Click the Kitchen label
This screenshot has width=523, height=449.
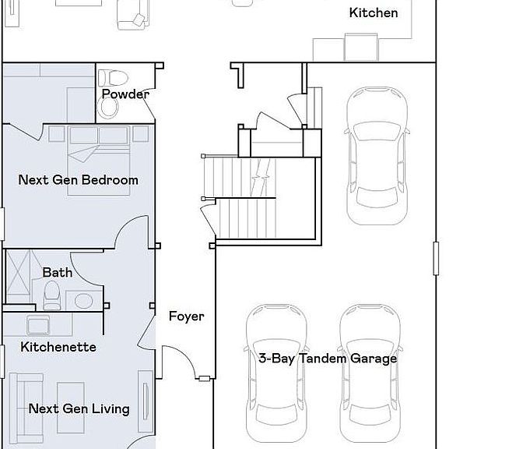coord(374,12)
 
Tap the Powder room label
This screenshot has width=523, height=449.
coord(125,94)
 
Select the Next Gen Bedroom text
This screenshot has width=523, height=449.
coord(78,180)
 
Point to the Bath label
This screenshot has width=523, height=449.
coord(58,272)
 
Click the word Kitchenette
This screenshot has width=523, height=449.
coord(58,347)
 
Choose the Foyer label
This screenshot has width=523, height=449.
coord(186,316)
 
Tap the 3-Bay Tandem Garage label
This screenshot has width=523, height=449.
coord(328,359)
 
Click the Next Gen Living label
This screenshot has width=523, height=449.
coord(79,409)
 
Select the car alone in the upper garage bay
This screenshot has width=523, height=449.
coord(377,156)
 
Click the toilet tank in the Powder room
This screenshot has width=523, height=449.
coord(114,77)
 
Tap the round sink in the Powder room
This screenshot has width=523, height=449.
coord(108,106)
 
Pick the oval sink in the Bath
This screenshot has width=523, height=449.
coord(84,301)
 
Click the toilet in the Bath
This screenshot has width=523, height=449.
coord(52,295)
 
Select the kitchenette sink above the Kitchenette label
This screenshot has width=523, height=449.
coord(38,325)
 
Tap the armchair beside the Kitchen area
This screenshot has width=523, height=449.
coord(133,15)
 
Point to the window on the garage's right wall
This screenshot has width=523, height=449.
coord(436,259)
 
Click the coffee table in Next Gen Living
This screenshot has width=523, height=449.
coord(70,408)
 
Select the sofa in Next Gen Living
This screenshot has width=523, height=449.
coord(26,408)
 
